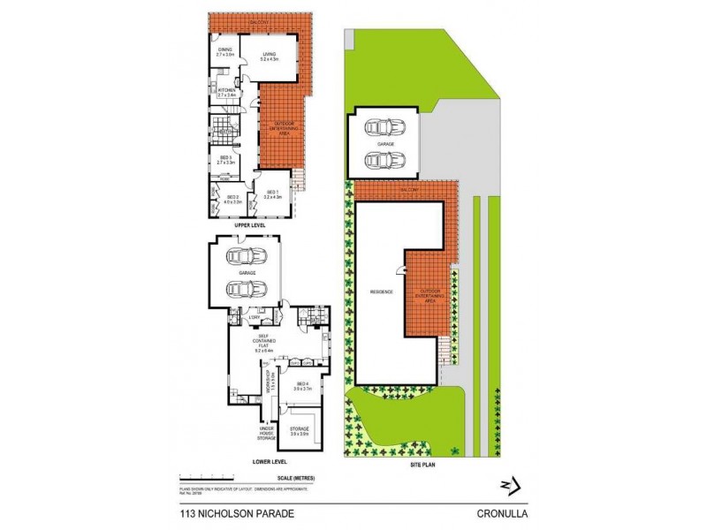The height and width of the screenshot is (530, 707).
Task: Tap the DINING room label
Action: (224, 51)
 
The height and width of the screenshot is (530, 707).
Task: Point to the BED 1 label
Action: (271, 193)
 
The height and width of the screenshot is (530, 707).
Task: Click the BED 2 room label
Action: (233, 199)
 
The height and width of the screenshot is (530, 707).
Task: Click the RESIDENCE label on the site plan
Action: (382, 292)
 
